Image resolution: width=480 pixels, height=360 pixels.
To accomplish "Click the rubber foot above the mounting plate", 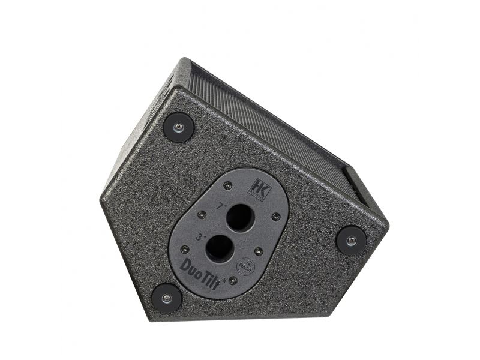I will (178, 127).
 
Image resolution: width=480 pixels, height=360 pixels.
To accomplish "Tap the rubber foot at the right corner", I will (351, 241).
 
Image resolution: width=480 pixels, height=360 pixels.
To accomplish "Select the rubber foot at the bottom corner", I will (166, 298).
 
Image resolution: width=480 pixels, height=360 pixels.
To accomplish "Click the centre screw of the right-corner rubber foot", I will (351, 241).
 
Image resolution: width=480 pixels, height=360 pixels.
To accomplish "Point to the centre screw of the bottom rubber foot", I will (166, 298).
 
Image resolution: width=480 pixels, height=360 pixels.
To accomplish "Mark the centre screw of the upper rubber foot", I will (178, 127).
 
